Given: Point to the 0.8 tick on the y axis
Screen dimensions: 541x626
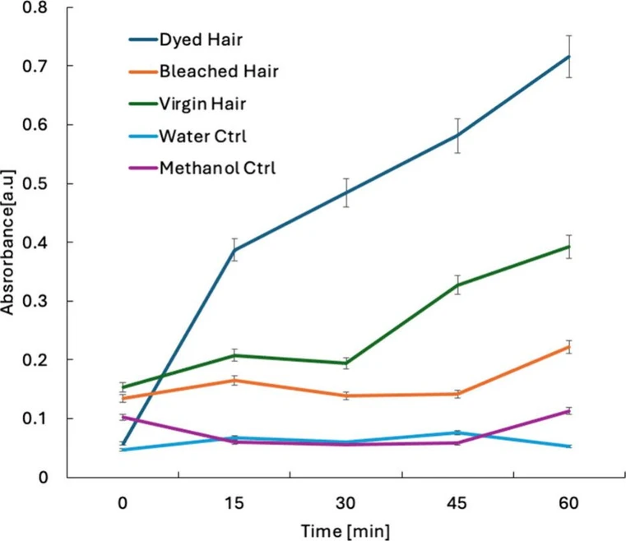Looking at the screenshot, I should [39, 7].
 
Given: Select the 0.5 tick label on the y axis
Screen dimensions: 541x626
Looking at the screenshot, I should [39, 183].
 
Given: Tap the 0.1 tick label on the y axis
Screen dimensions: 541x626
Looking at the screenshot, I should [39, 418].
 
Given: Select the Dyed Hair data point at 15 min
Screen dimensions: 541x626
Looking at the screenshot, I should [234, 250].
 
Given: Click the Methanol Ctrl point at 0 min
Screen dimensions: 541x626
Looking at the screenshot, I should [123, 417].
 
